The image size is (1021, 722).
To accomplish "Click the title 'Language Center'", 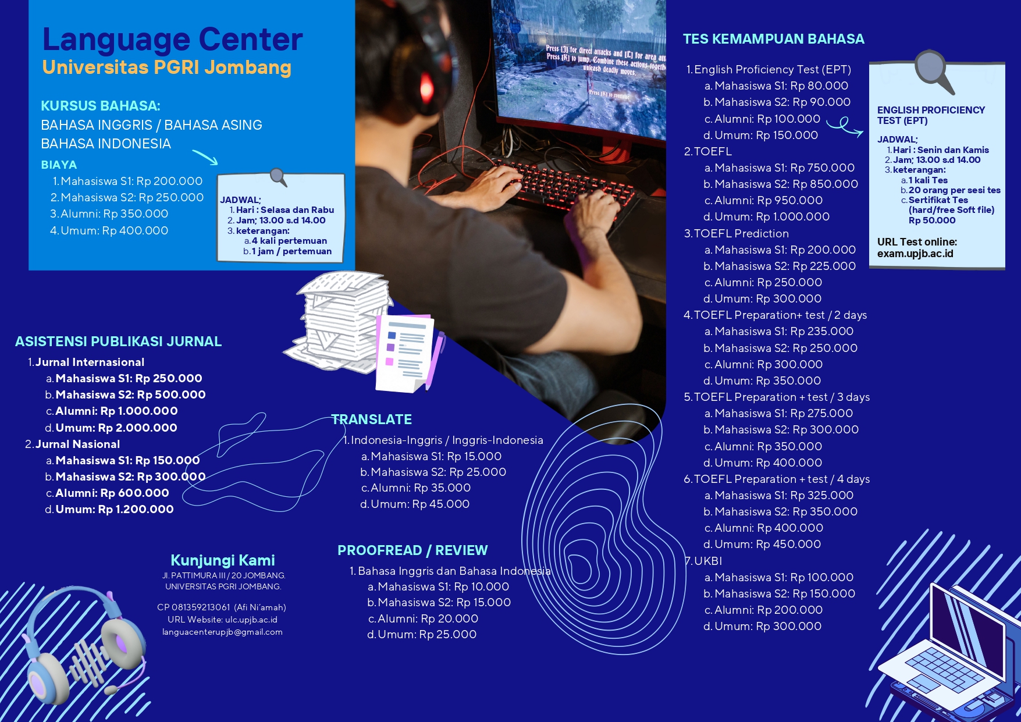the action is [173, 40].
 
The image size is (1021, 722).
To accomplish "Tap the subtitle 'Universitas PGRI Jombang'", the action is [166, 67].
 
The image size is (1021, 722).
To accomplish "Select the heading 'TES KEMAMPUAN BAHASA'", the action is [773, 39].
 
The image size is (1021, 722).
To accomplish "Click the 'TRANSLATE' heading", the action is [371, 419].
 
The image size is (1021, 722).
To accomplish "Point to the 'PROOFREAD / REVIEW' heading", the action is [412, 550].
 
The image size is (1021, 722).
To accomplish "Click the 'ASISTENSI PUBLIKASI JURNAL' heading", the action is [118, 342].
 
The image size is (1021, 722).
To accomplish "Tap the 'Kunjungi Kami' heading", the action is [223, 560].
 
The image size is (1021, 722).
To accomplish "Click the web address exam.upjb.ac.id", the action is [915, 254].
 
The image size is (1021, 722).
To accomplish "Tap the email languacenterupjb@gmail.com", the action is [222, 632].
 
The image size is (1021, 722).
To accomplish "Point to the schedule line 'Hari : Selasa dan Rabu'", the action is [285, 210].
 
